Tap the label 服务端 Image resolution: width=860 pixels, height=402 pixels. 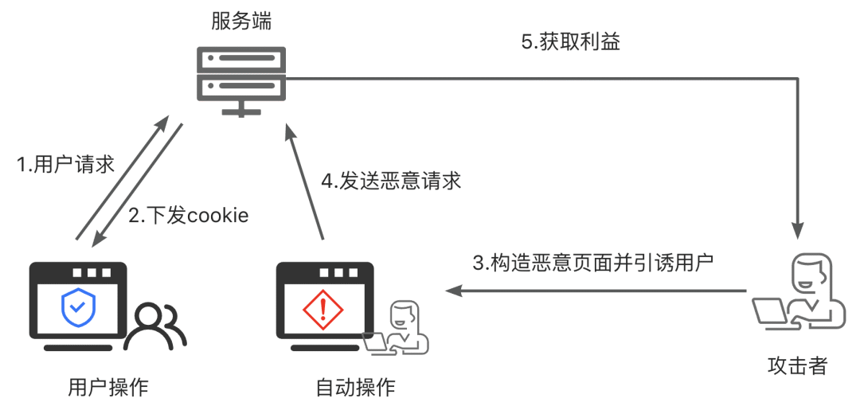(241, 21)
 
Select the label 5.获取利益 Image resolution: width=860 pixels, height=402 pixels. (571, 43)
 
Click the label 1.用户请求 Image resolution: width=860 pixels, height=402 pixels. (66, 165)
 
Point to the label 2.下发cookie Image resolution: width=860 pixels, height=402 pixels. (189, 215)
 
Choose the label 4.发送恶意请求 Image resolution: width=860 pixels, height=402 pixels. (391, 181)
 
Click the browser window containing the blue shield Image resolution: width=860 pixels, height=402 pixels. (78, 307)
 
